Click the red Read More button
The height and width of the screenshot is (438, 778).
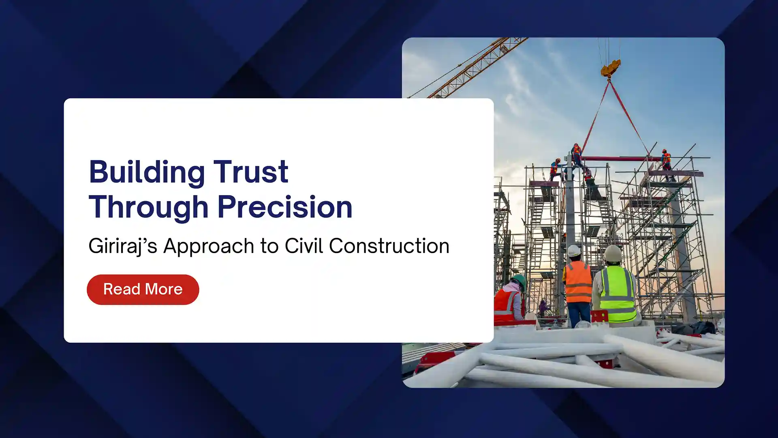[143, 290]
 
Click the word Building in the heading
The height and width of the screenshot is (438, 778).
[147, 172]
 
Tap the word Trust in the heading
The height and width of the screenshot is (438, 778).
[251, 172]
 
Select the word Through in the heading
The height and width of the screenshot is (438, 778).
[148, 207]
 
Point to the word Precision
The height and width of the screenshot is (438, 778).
[285, 207]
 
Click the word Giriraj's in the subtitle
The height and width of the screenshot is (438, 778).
[123, 246]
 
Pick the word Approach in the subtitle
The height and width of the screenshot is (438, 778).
[209, 246]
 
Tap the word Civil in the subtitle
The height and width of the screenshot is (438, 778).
[304, 246]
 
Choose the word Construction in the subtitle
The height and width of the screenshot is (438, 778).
[389, 246]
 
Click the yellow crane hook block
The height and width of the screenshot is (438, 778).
[610, 68]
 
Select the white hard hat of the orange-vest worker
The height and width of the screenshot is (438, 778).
[574, 251]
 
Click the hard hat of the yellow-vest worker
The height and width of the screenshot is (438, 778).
[613, 254]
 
